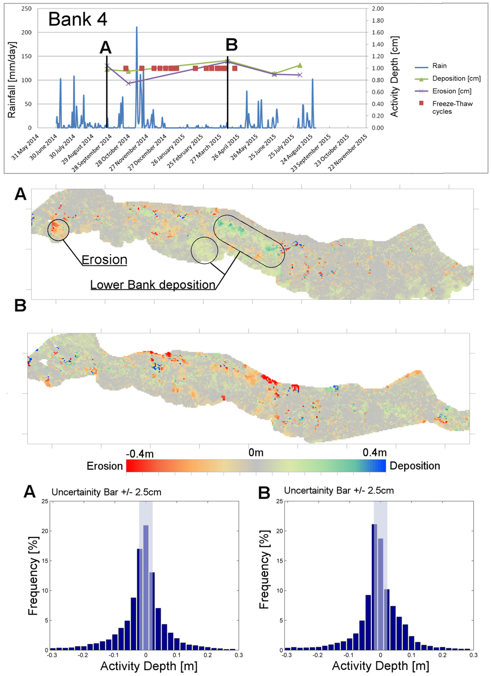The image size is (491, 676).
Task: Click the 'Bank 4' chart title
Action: click(78, 20)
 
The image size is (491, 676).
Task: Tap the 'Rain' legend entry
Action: click(439, 66)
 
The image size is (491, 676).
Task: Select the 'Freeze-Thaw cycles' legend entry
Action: click(452, 107)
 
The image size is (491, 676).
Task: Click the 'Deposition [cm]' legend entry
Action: click(456, 78)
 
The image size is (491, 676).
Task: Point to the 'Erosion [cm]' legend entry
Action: click(452, 91)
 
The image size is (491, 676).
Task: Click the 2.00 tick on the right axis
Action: click(377, 9)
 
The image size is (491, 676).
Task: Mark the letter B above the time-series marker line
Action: click(232, 45)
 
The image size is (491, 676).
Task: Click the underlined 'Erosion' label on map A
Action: click(104, 260)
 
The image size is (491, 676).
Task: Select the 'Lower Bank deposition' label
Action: click(152, 285)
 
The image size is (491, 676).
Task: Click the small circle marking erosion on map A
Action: click(58, 230)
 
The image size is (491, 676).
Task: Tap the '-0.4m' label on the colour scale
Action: click(140, 453)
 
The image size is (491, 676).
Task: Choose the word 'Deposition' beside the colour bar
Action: click(415, 466)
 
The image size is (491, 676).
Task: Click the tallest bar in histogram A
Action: click(146, 587)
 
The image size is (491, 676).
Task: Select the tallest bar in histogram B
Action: click(374, 587)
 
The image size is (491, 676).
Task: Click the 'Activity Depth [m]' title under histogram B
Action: click(380, 666)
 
